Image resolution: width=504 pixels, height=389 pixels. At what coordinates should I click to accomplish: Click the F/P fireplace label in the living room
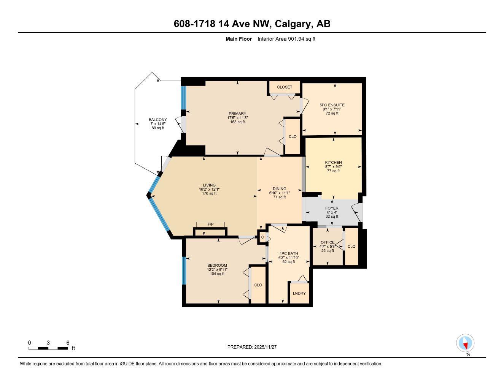210,224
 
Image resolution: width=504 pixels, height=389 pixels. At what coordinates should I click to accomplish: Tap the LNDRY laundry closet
299,293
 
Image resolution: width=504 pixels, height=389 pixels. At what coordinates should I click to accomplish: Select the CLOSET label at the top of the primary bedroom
285,87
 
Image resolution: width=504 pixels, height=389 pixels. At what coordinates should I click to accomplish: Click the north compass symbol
465,343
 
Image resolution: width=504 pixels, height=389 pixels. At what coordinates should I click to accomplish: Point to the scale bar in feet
48,348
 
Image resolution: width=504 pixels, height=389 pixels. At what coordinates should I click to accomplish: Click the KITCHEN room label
333,163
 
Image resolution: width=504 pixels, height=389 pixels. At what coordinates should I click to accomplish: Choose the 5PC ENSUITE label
332,105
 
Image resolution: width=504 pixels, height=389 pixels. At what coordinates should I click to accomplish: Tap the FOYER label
332,208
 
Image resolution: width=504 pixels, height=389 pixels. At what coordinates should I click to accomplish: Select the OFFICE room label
328,242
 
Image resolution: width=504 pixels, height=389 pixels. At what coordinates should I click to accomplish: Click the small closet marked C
262,237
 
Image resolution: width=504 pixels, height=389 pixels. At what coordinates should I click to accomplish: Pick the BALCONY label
157,120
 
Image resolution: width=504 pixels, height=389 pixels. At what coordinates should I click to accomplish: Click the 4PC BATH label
289,253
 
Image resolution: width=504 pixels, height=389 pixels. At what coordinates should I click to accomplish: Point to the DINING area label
279,189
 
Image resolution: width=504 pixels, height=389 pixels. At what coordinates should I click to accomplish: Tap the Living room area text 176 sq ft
209,193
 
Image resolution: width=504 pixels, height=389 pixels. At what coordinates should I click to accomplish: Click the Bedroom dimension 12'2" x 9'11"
217,269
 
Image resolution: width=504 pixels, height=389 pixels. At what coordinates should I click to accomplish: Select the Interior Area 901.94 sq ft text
286,39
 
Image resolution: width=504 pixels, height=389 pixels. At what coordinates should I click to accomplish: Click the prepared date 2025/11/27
254,347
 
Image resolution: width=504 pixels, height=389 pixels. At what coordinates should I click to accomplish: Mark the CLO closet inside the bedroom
258,285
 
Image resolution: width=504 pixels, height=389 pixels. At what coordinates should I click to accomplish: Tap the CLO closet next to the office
351,247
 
